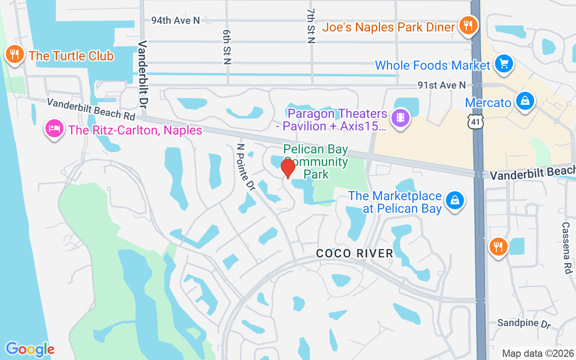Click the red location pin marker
(288, 169)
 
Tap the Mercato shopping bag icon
(525, 101)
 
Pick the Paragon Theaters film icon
(400, 118)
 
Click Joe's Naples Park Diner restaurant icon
(468, 26)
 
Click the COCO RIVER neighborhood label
(355, 253)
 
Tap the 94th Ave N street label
(175, 20)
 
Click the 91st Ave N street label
(441, 85)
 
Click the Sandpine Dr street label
(524, 323)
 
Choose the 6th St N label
(226, 47)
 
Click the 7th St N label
(310, 26)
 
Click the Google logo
(30, 349)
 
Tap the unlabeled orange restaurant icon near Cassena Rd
(498, 247)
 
